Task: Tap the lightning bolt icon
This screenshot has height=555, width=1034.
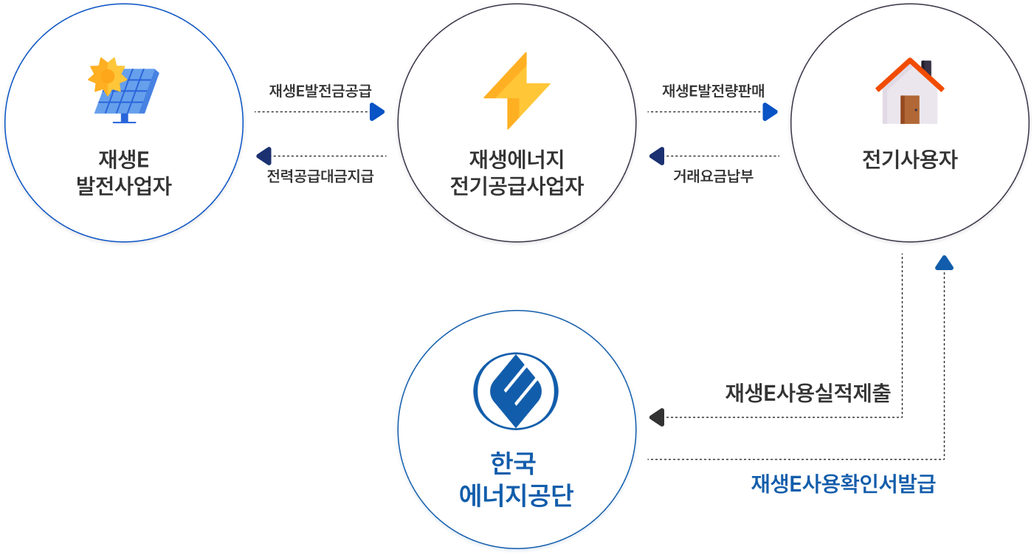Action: [x=517, y=91]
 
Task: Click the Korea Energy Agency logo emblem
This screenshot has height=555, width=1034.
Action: [x=515, y=391]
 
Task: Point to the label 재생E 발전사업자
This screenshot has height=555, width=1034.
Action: [x=124, y=173]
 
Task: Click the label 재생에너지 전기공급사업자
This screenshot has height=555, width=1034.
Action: [x=517, y=173]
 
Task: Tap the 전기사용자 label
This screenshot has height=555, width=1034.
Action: [x=909, y=159]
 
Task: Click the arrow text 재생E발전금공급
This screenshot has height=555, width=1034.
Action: [x=320, y=91]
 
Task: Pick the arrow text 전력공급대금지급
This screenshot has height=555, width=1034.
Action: [x=320, y=177]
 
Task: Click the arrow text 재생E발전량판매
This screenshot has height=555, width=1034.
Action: [x=713, y=91]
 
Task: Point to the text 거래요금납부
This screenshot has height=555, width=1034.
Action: [x=713, y=177]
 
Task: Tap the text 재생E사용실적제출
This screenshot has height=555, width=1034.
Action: [x=807, y=393]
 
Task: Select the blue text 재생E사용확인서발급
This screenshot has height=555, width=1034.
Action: [x=843, y=484]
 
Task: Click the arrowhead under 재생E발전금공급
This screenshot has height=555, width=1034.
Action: [x=377, y=112]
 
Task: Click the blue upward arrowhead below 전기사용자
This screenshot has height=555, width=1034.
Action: [x=944, y=263]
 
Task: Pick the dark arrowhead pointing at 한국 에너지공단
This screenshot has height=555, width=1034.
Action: [x=657, y=418]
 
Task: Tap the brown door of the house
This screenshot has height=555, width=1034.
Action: [x=910, y=109]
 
